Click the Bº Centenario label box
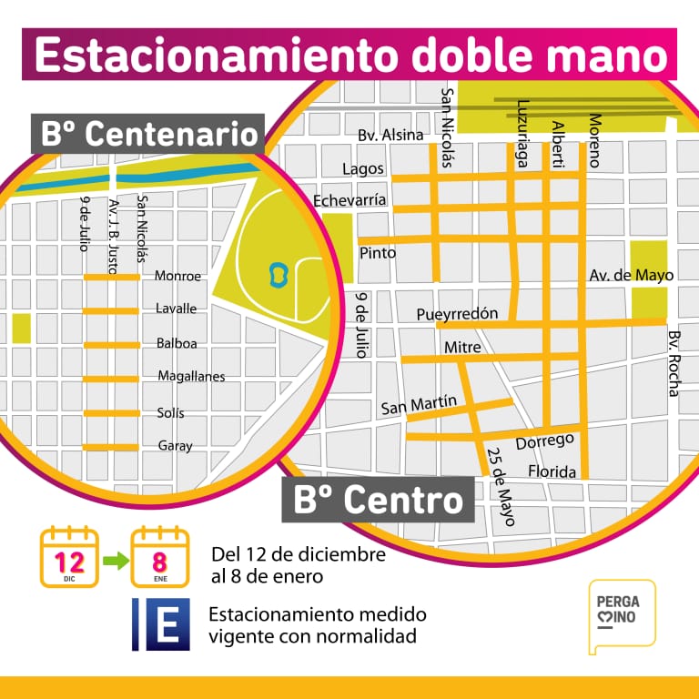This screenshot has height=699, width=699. [x=148, y=134]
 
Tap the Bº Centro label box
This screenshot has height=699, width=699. [x=378, y=500]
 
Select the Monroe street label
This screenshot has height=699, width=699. [x=177, y=276]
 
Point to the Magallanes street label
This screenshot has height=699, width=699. [x=191, y=376]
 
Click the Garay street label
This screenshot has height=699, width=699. [x=175, y=446]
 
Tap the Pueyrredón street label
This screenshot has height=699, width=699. [x=457, y=314]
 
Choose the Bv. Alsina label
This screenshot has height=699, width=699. [x=390, y=136]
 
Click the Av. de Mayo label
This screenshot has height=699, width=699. [x=618, y=274]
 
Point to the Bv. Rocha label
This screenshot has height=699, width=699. [x=674, y=363]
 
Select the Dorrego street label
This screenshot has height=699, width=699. [x=545, y=441]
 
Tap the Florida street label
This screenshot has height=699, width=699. [x=552, y=472]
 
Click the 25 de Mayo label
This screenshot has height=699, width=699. [x=501, y=486]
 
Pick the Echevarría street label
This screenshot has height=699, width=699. [x=349, y=200]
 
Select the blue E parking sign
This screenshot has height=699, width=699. [x=161, y=623]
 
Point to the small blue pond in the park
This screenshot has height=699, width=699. [x=279, y=272]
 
